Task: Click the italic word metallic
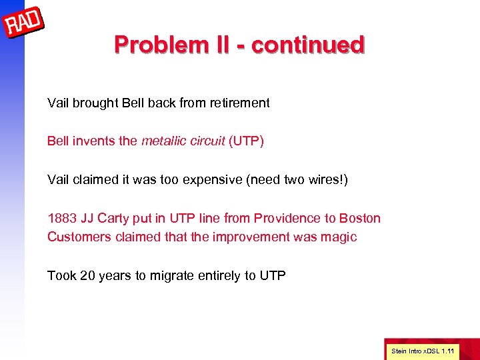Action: click(163, 141)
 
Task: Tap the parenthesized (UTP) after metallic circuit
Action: click(246, 141)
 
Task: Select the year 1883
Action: click(61, 218)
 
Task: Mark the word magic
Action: click(340, 237)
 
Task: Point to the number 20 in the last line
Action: click(87, 275)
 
